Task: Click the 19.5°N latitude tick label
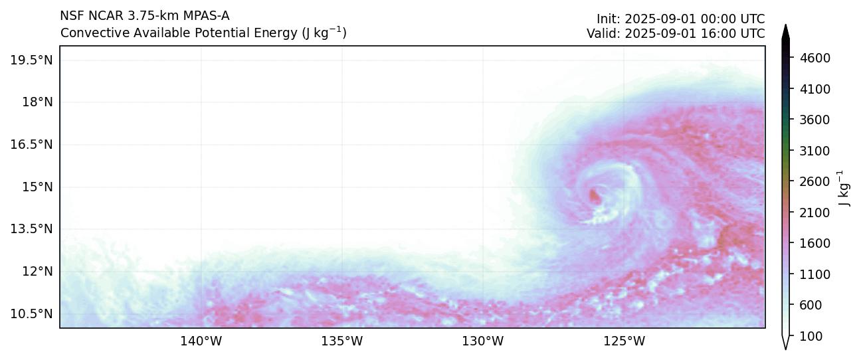tap(31, 60)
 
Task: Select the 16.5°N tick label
tap(31, 145)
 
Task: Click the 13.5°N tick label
tap(31, 229)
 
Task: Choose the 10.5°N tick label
tap(31, 314)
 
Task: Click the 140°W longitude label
tap(201, 342)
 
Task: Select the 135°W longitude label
tap(342, 342)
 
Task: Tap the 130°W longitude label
tap(483, 342)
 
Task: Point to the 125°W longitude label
tap(624, 342)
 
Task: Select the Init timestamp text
tap(680, 19)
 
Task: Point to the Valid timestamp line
tap(675, 33)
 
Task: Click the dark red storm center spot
tap(594, 195)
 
